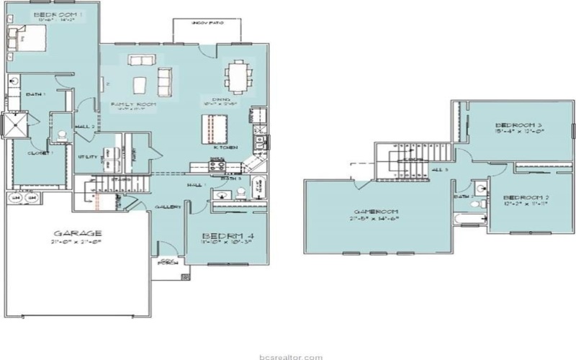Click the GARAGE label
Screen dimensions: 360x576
[75, 233]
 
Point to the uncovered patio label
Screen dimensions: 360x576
[205, 23]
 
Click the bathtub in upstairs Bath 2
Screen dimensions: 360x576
[469, 219]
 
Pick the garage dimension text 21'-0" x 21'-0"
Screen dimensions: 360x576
[75, 243]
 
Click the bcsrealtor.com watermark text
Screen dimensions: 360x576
[287, 354]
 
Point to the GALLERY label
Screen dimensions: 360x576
[167, 207]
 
